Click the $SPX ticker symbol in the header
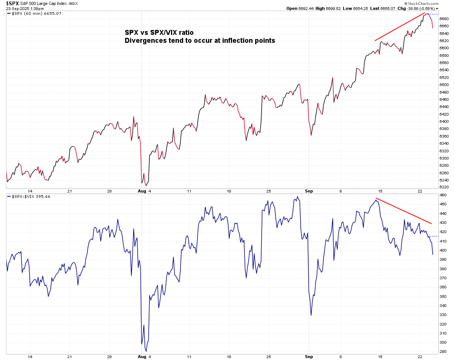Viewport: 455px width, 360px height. [x=13, y=3]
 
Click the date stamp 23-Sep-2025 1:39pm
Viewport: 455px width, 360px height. [x=24, y=8]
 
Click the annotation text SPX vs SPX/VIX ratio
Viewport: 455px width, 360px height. [x=159, y=33]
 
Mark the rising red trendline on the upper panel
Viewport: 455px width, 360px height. [x=400, y=27]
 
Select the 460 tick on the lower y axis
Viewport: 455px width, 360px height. [x=442, y=195]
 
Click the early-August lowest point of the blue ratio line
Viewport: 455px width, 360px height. [x=146, y=351]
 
